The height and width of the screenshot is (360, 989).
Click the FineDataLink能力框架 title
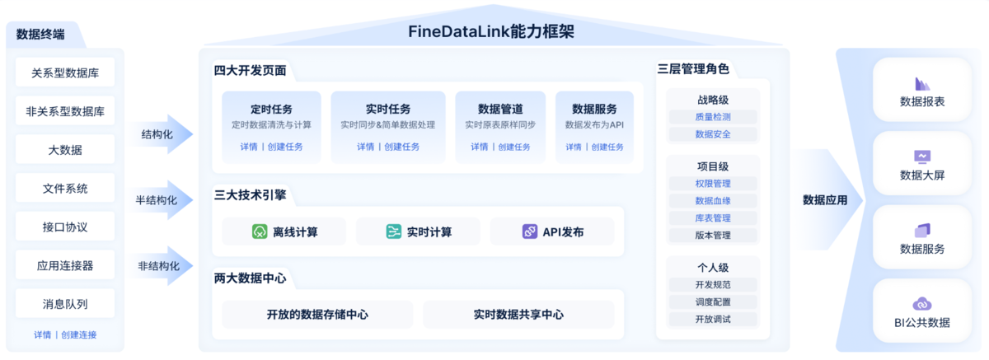(490, 32)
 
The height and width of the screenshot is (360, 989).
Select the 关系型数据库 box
(65, 72)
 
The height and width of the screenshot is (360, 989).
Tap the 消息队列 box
(65, 303)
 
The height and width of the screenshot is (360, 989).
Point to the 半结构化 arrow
(161, 200)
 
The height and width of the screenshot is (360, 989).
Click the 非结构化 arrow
(161, 266)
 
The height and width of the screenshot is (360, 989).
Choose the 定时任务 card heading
(271, 109)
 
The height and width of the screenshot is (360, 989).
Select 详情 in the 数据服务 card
(574, 147)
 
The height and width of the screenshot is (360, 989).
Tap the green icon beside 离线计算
(260, 231)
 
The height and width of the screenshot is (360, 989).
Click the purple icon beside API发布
(530, 231)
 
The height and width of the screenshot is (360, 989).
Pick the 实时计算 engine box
(419, 231)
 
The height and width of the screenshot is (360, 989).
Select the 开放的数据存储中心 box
(317, 315)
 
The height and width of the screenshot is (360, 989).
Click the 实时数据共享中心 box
(518, 315)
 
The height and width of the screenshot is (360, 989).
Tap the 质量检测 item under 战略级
(713, 117)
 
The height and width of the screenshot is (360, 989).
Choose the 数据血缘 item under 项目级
(713, 201)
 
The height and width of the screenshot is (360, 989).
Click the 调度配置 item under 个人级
(713, 302)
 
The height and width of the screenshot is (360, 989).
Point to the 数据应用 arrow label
(825, 200)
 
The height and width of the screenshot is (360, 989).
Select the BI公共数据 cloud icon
(922, 304)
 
